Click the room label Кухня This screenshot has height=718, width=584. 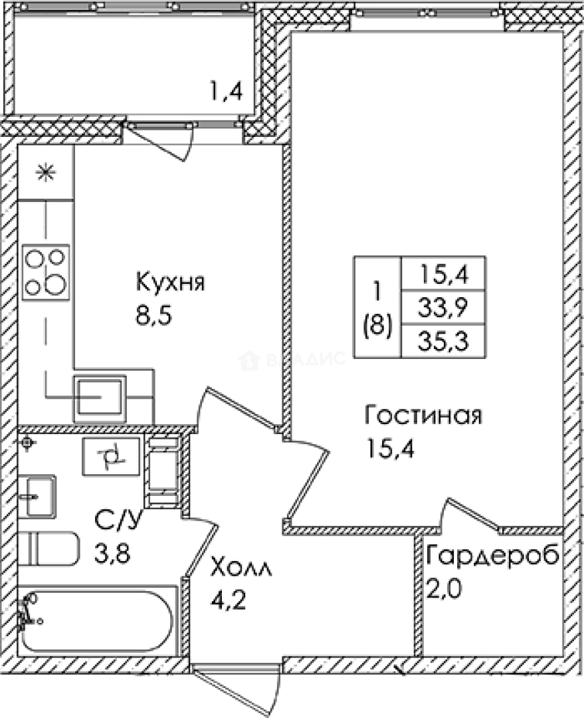(x=170, y=282)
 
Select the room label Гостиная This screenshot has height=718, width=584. (x=423, y=416)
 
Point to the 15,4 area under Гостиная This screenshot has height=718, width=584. (x=390, y=449)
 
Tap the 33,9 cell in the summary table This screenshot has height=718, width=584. (x=444, y=307)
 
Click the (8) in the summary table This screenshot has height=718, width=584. (x=377, y=326)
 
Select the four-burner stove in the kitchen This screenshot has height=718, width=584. (x=46, y=272)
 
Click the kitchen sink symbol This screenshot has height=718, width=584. (x=100, y=398)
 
